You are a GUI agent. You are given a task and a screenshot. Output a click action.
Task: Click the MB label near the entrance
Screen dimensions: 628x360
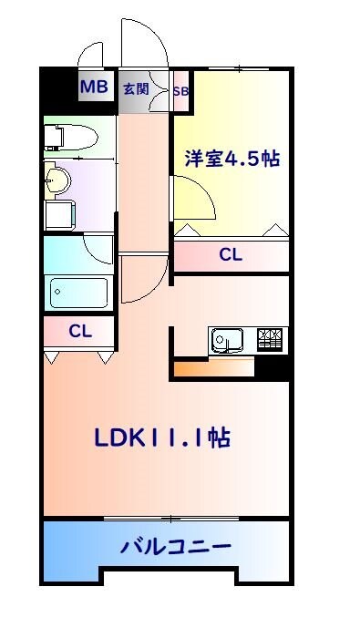pos(94,88)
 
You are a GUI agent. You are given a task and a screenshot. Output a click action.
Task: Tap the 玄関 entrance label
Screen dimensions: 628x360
pos(135,88)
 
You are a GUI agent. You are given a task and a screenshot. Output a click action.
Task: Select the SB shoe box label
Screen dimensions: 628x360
pos(180,90)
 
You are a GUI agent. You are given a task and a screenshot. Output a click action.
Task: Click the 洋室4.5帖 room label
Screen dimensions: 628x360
pos(232,157)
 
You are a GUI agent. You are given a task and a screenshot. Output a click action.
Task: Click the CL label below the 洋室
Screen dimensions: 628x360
pos(231,255)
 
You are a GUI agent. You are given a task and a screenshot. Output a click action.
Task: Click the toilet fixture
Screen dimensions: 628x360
pos(69,138)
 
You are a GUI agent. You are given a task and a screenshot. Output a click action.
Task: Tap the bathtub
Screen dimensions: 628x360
pos(78,293)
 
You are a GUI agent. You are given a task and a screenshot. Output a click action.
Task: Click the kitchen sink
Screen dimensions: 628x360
pos(229,341)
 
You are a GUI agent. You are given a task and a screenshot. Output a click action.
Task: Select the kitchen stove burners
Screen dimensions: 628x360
pos(271,340)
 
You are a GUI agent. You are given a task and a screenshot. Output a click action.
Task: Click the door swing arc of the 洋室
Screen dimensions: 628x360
pos(193,197)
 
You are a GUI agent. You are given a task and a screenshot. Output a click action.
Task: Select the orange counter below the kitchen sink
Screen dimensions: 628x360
pos(211,368)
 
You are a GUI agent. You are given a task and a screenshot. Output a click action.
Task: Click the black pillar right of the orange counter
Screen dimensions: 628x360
pos(272,368)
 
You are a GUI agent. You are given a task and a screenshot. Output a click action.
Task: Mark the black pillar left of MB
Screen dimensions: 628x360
pos(57,88)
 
